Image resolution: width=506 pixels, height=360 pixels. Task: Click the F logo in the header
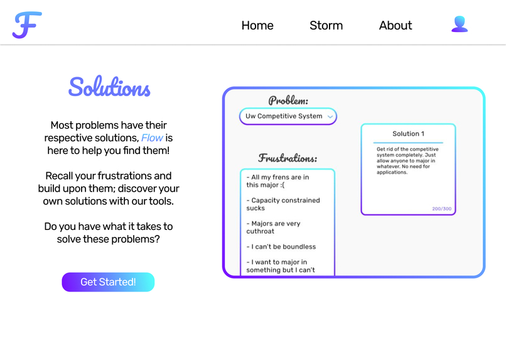pyautogui.click(x=27, y=25)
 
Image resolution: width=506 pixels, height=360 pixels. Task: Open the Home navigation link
pyautogui.click(x=257, y=26)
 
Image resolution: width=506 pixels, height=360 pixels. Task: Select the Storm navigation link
pyautogui.click(x=326, y=26)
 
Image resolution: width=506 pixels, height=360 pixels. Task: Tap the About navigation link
pyautogui.click(x=396, y=26)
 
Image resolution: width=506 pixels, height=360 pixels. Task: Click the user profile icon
pyautogui.click(x=460, y=25)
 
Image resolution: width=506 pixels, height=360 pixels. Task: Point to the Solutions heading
pyautogui.click(x=109, y=87)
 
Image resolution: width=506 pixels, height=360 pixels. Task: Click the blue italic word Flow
pyautogui.click(x=152, y=138)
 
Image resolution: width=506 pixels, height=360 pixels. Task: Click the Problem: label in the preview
pyautogui.click(x=288, y=101)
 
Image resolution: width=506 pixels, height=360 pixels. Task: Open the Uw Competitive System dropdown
pyautogui.click(x=284, y=116)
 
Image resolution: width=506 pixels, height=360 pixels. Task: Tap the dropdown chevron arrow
pyautogui.click(x=330, y=117)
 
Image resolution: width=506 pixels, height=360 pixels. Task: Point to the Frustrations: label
pyautogui.click(x=288, y=158)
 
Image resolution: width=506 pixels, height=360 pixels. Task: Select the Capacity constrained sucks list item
pyautogui.click(x=283, y=204)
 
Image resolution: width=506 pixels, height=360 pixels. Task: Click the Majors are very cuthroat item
pyautogui.click(x=274, y=227)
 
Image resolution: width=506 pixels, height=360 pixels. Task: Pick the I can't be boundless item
pyautogui.click(x=281, y=247)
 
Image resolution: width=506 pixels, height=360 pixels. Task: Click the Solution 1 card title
pyautogui.click(x=408, y=134)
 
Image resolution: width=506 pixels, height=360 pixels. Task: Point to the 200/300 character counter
pyautogui.click(x=441, y=209)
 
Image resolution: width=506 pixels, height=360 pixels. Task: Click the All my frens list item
pyautogui.click(x=277, y=181)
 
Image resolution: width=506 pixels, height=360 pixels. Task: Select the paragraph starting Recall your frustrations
pyautogui.click(x=109, y=188)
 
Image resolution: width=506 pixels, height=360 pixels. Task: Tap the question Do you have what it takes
pyautogui.click(x=109, y=232)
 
